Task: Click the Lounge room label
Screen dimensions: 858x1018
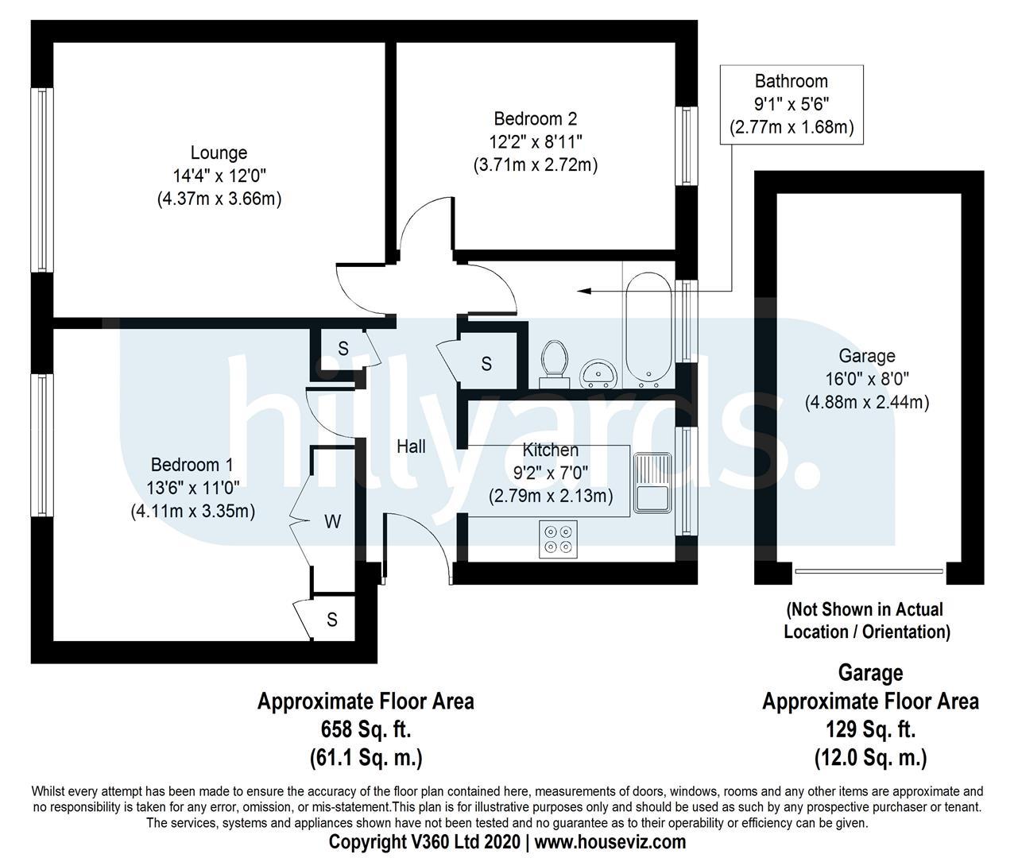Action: click(x=219, y=153)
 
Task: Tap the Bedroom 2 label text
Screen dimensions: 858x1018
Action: click(x=536, y=119)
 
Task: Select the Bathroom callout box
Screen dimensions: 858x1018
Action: click(x=791, y=104)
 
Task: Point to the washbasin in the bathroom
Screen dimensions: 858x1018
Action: click(x=597, y=373)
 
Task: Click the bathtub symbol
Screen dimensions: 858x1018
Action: click(x=648, y=327)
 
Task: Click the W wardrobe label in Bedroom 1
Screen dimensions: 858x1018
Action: click(x=333, y=522)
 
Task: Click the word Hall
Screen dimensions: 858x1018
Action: click(x=411, y=446)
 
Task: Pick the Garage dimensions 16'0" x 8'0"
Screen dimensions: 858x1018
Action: click(x=867, y=379)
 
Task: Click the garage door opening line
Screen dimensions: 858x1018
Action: click(x=869, y=570)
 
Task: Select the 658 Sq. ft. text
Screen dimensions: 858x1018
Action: click(x=366, y=729)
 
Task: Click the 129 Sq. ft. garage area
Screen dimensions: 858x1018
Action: click(x=870, y=729)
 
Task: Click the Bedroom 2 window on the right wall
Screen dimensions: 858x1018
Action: click(x=684, y=145)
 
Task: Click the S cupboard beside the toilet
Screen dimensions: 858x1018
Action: click(x=486, y=364)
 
